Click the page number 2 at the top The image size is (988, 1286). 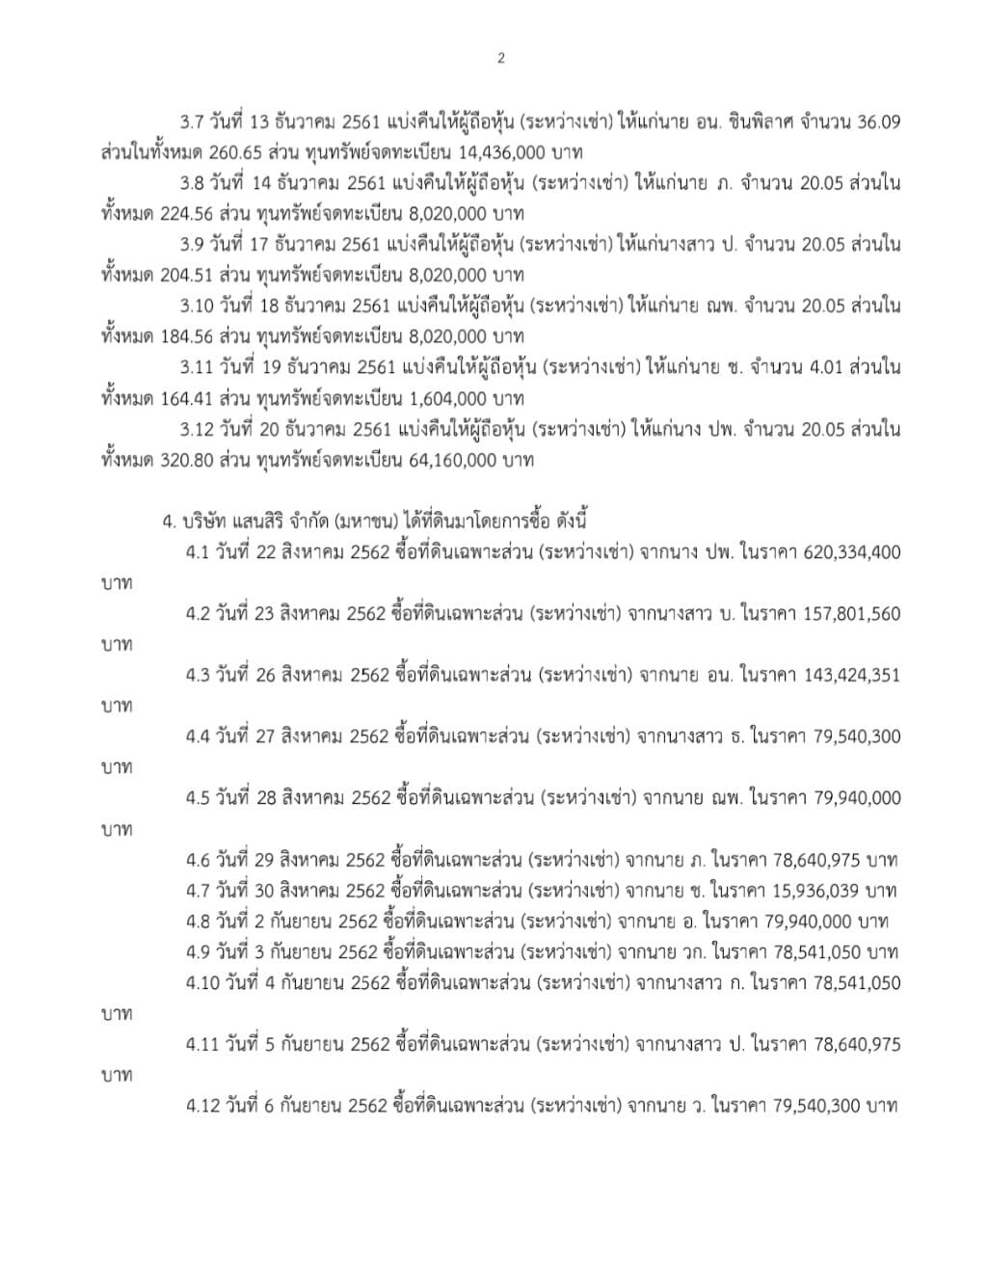(x=501, y=58)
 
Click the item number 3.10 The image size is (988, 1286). (x=198, y=306)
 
